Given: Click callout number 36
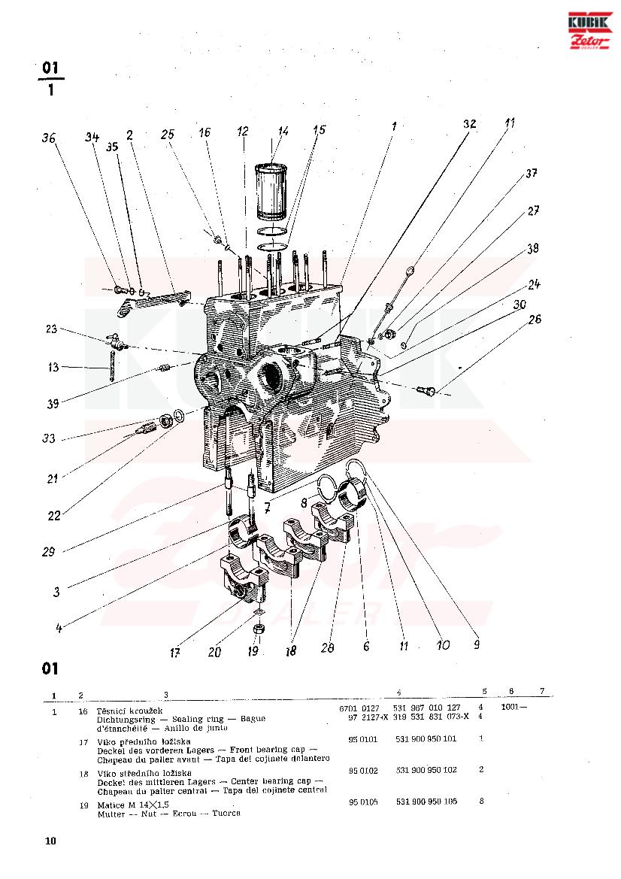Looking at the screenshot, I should point(50,138).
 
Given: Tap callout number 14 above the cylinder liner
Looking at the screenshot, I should point(283,131).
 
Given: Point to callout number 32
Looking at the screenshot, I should point(470,125).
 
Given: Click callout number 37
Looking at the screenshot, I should point(532,174).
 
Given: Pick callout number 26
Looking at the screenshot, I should point(535,319).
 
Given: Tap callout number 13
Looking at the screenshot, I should point(53,368).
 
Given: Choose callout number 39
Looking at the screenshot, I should point(53,404).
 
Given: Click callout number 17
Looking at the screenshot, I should point(174,653).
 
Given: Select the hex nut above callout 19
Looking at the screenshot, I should point(259,627).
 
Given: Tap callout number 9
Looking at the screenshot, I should point(475,644).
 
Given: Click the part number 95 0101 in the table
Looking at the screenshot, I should point(363,739).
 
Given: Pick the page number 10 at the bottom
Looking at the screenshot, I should point(50,841).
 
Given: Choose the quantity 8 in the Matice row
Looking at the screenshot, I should point(481,802).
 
